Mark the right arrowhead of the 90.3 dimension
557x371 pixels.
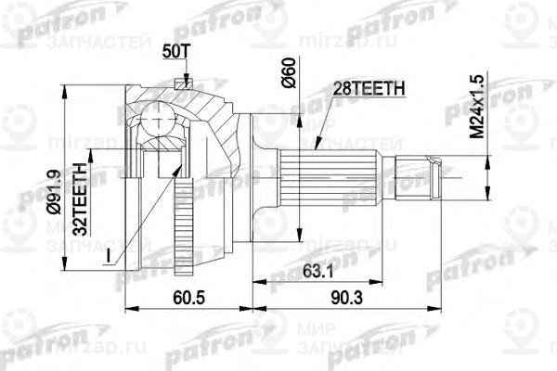point(480,305)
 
